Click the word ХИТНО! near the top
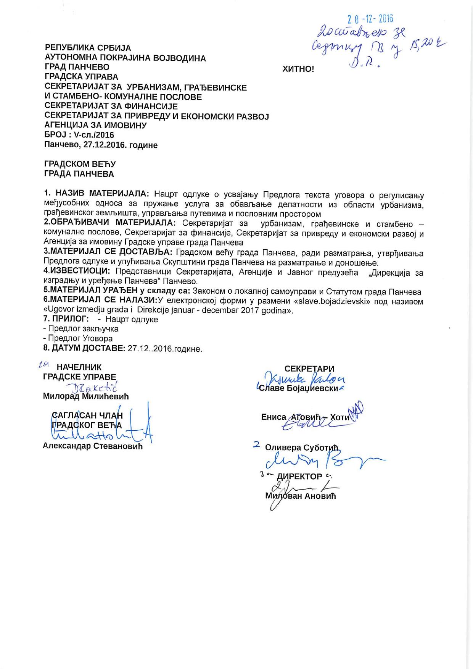pos(298,69)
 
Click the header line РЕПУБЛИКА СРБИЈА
pos(88,48)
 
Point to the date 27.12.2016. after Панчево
pos(105,145)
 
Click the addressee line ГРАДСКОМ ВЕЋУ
pos(80,164)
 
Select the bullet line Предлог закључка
pos(83,329)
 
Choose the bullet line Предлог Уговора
pos(80,339)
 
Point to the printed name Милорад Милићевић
pos(86,396)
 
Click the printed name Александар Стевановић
pos(93,446)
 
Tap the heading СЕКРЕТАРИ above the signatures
pos(309,369)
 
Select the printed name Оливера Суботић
pos(302,448)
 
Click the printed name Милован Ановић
pos(301,496)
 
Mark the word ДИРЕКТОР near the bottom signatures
pos(299,477)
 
